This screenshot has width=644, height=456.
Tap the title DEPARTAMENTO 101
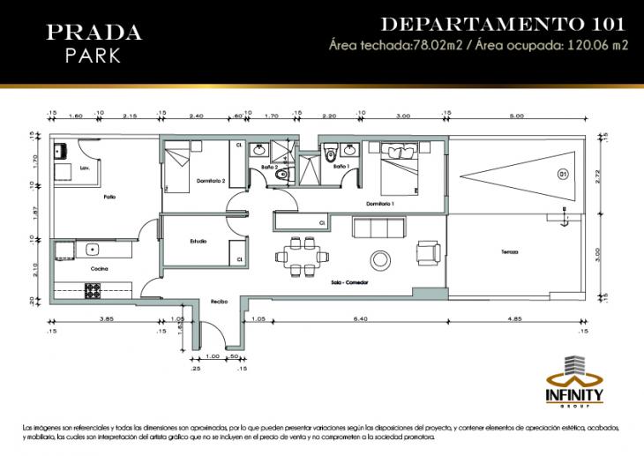(502, 24)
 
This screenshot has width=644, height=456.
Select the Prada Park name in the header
(93, 43)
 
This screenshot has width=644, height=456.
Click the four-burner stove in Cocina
(94, 288)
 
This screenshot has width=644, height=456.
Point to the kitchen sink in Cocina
(93, 249)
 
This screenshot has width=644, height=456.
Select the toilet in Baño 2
(280, 176)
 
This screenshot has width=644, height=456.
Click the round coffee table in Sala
(381, 259)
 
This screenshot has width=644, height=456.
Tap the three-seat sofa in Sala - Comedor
(379, 228)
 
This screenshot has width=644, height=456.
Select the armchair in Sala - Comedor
(430, 252)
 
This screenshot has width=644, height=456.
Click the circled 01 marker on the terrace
(563, 176)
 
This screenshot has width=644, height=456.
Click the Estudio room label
(198, 241)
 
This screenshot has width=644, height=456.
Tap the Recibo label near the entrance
(219, 302)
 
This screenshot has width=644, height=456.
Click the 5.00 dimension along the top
(515, 116)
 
